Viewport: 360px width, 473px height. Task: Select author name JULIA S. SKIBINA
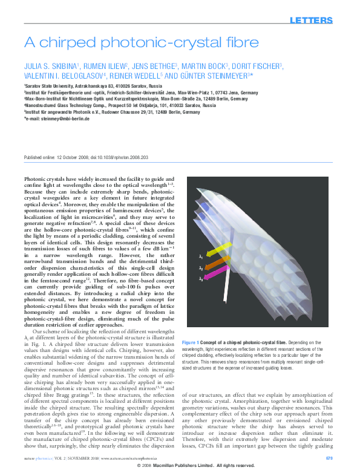click(45, 66)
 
